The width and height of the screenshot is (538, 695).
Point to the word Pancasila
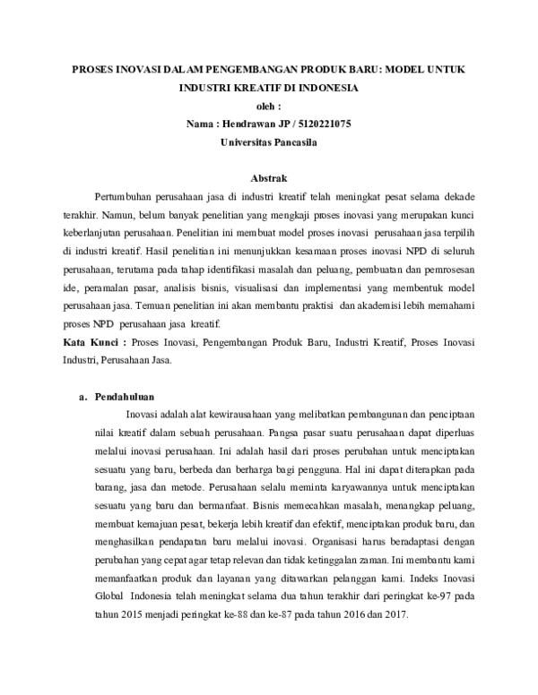291,142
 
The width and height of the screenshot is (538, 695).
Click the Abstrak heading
269,178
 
